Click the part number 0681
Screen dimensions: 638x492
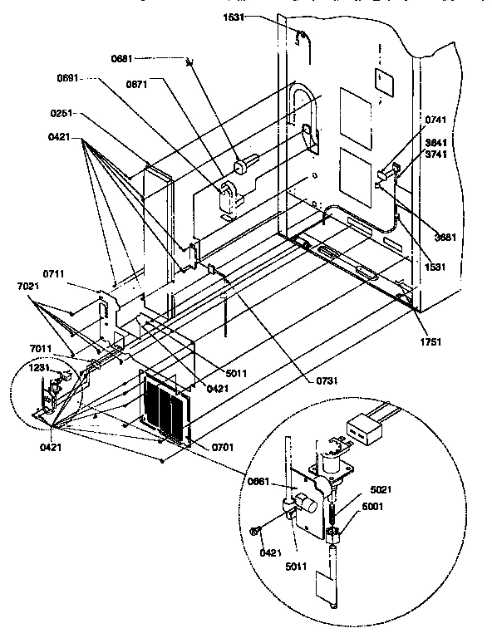[122, 58]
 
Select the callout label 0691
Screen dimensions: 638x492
[69, 79]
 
